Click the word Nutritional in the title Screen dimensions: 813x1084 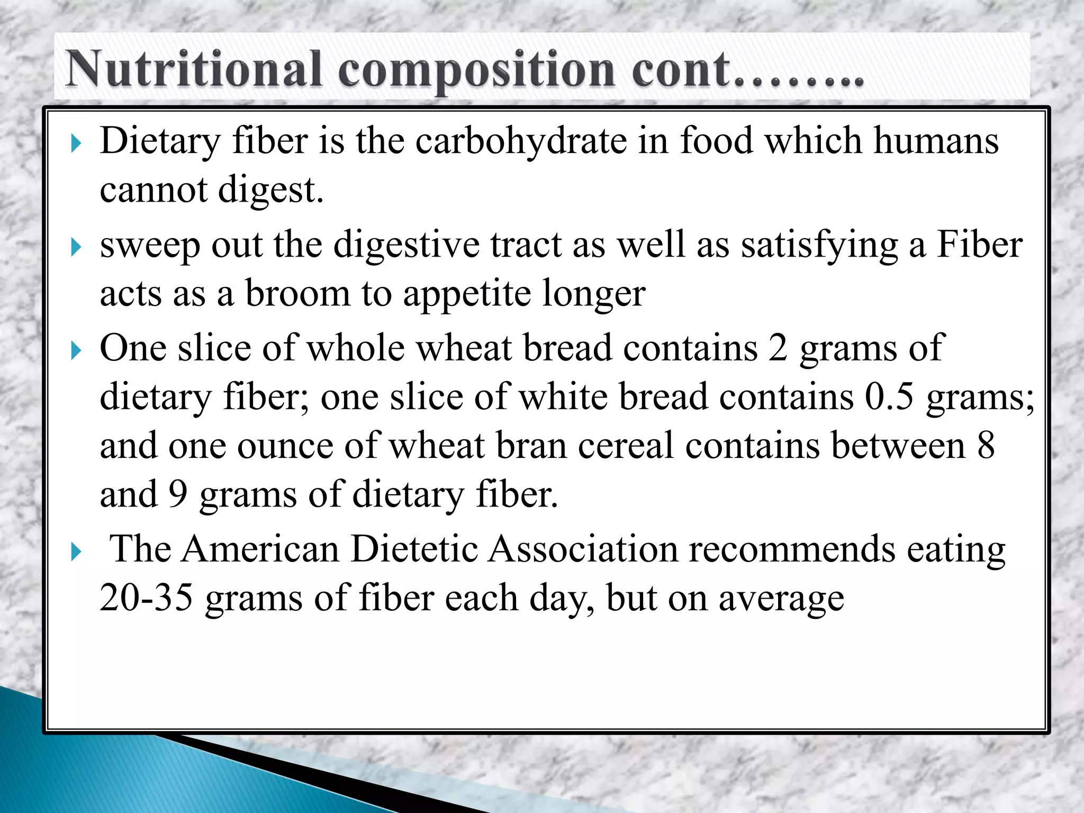[x=194, y=69]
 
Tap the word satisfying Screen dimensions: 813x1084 [x=819, y=246]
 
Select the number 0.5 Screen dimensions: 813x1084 [x=889, y=397]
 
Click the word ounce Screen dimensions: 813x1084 [x=285, y=446]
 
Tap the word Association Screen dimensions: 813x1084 [x=583, y=549]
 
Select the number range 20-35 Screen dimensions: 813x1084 [x=146, y=598]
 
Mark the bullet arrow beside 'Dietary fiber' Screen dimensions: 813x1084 [x=76, y=143]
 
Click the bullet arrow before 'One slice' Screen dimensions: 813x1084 [x=76, y=350]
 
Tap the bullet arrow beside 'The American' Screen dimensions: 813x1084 [x=76, y=552]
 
